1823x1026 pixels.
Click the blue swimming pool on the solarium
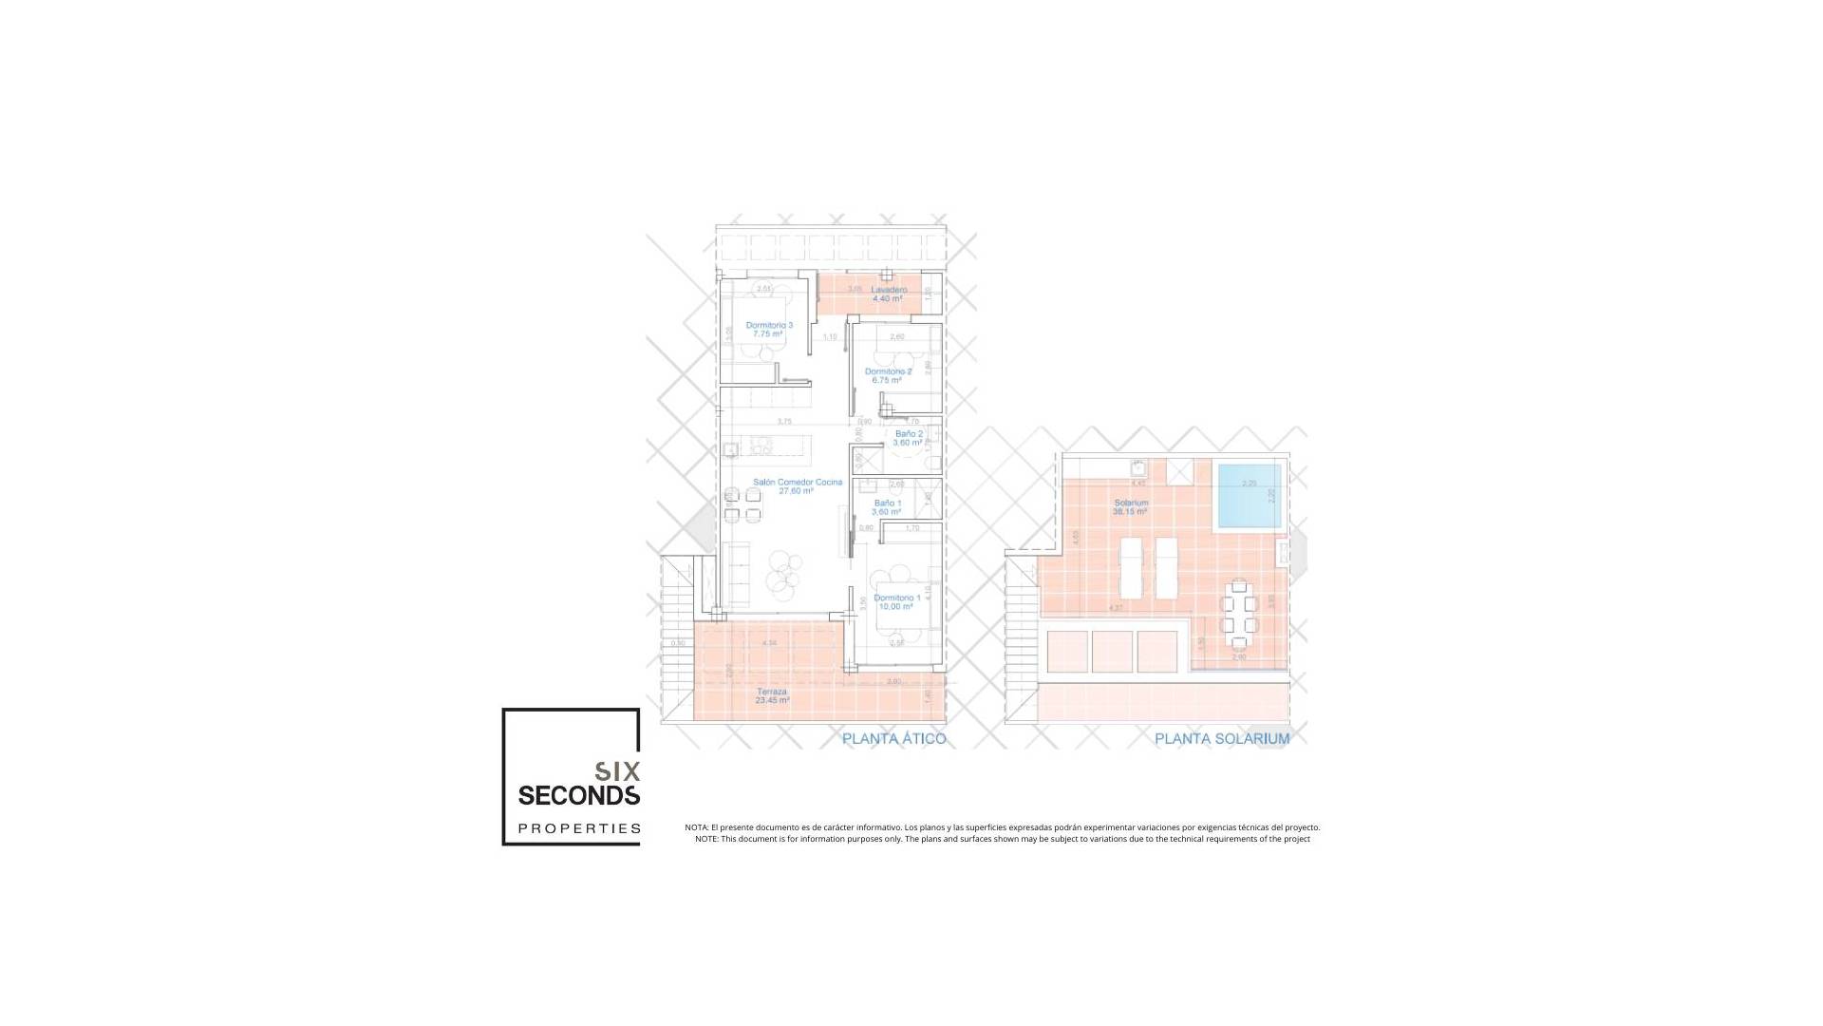1249,497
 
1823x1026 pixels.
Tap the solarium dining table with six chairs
1239,607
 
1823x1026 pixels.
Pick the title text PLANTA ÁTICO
893,739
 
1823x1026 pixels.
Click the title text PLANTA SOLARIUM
1221,739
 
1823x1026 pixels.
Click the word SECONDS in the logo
578,794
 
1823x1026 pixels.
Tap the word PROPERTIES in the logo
578,828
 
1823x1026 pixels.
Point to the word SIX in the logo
617,770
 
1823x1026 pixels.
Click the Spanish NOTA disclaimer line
1002,827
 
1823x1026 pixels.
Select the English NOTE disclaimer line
1002,839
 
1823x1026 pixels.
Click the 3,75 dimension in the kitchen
784,421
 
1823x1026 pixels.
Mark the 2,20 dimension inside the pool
1249,484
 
